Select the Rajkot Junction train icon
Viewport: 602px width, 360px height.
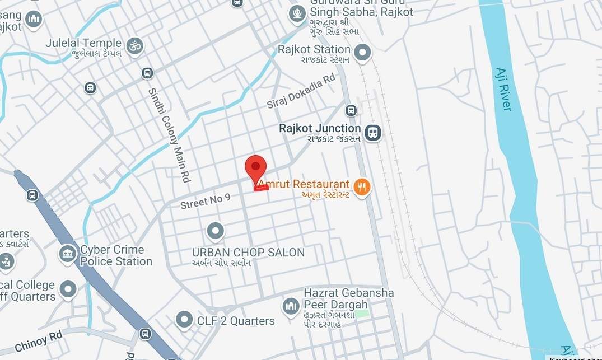tap(373, 133)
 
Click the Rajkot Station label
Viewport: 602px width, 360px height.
tap(314, 50)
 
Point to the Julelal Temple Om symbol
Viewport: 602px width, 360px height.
tap(135, 45)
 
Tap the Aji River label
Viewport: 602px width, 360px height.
tap(503, 89)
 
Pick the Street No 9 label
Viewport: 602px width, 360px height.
tap(205, 201)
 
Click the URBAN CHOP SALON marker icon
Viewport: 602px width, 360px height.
tap(215, 231)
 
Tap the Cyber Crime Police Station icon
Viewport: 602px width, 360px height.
tap(68, 254)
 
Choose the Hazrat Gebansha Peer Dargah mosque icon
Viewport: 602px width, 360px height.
tap(290, 306)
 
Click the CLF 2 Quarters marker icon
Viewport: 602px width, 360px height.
tap(184, 320)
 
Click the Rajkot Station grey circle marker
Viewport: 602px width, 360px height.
tap(363, 53)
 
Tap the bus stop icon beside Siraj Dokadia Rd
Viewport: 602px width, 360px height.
tap(351, 110)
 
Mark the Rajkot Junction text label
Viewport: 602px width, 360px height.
tap(320, 129)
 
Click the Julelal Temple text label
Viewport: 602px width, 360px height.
tap(83, 43)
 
